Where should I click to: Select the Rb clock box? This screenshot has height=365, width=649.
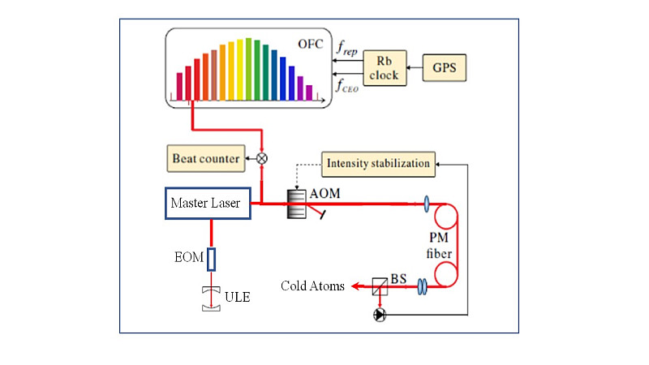tap(382, 67)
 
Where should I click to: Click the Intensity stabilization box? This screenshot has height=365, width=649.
tap(377, 164)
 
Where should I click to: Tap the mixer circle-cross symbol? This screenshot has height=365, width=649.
tap(262, 159)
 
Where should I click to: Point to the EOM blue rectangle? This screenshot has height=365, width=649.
tap(212, 260)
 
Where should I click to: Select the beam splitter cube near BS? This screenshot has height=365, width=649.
tap(379, 286)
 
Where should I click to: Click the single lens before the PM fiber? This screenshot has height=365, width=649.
tap(427, 203)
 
